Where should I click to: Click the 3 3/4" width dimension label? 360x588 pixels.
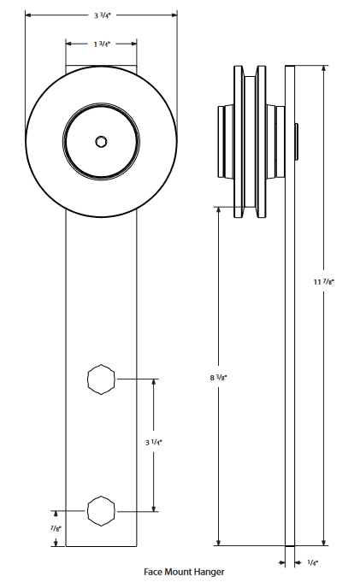coord(101,15)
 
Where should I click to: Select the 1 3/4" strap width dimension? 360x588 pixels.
coord(101,43)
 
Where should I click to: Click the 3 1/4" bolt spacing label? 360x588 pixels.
coord(154,443)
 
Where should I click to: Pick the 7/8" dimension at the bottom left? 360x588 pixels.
coord(56,528)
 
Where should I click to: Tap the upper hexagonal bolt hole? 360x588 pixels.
coord(101,379)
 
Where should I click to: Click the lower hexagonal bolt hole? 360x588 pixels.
coord(101,511)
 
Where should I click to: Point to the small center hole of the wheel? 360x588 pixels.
coord(101,141)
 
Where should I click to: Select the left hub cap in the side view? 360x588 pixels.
coord(223,141)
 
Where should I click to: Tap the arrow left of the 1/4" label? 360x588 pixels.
coord(282,562)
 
